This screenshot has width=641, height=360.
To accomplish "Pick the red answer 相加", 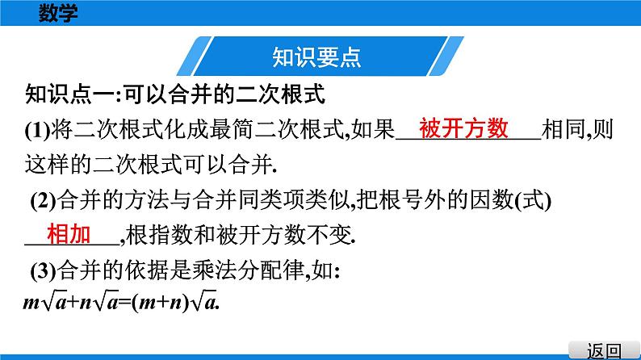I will click(69, 234).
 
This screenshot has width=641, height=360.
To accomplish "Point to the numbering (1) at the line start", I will click(38, 129).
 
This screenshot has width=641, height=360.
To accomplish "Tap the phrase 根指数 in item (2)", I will click(157, 235).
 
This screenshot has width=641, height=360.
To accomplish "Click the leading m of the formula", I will click(33, 302).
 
